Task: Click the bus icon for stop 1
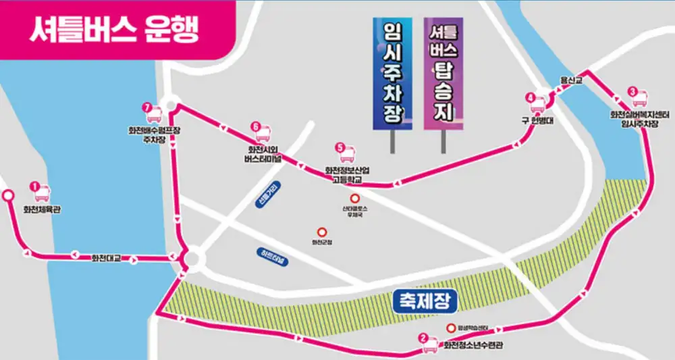[x=41, y=193]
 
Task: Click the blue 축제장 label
[x=421, y=298]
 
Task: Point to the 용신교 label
[x=571, y=80]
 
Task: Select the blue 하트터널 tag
[x=273, y=257]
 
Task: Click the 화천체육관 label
[x=41, y=209]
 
